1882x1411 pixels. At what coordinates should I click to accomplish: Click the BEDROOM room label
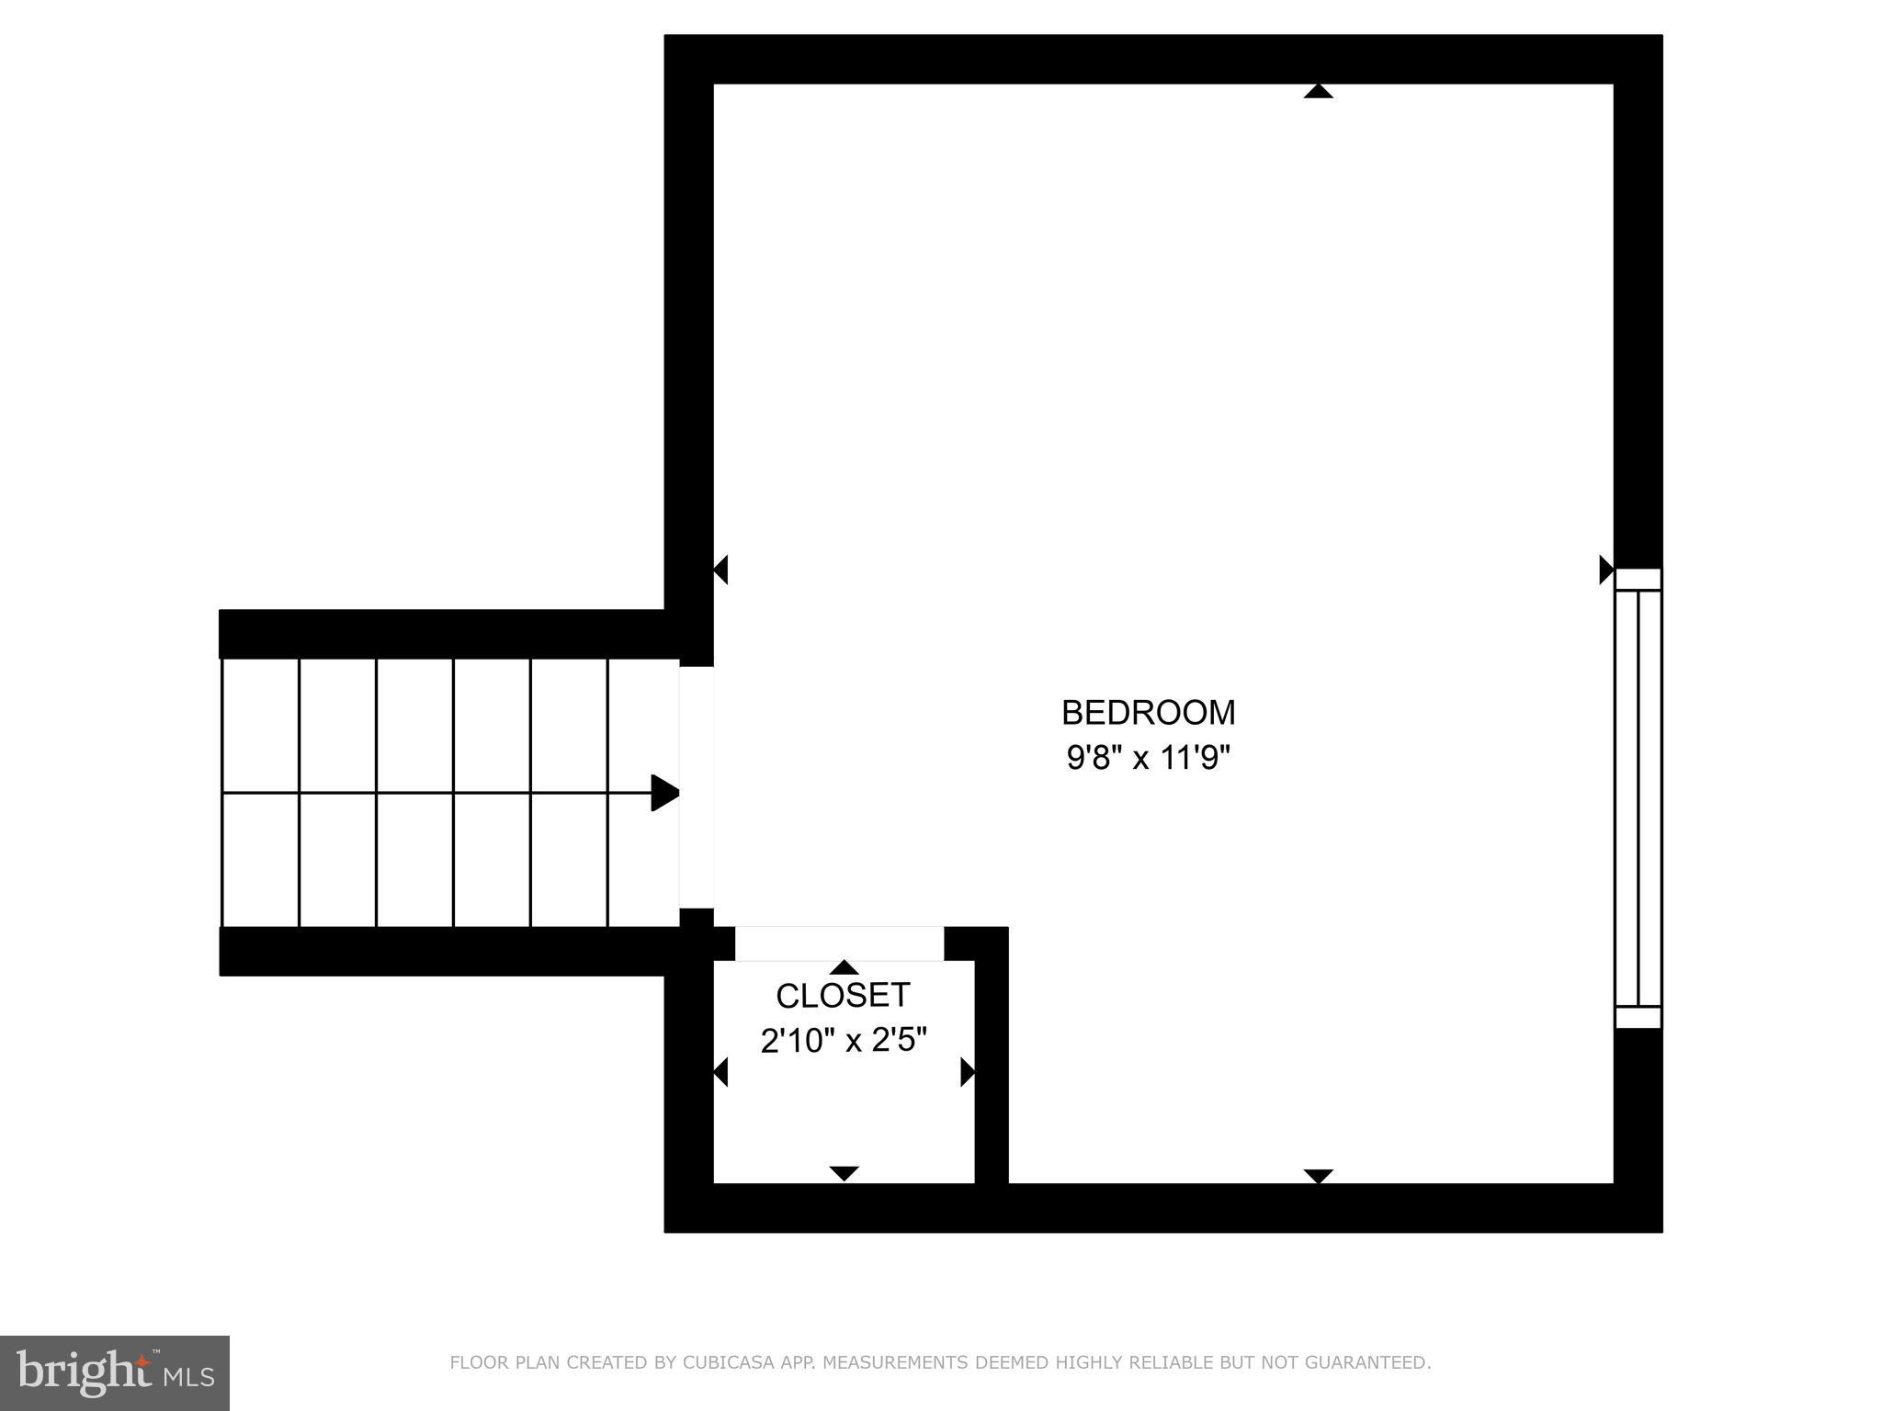tap(1148, 713)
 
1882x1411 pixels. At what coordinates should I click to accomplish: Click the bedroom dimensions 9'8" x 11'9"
tap(1148, 759)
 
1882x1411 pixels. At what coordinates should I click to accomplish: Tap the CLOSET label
tap(843, 996)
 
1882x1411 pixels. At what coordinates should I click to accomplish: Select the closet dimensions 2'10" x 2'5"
tap(843, 1041)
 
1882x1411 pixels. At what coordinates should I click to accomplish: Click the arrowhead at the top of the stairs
tap(664, 793)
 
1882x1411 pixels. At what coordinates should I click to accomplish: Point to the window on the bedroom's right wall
tap(1638, 798)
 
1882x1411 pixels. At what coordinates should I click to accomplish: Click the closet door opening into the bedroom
tap(839, 943)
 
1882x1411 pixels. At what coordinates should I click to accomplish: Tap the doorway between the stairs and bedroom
tap(697, 787)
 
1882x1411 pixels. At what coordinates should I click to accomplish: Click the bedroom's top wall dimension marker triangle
tap(1318, 91)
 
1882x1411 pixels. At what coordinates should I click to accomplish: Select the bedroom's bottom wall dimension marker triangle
tap(1318, 1176)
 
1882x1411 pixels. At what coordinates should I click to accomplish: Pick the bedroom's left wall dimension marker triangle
tap(721, 570)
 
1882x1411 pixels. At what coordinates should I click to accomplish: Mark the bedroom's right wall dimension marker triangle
tap(1605, 570)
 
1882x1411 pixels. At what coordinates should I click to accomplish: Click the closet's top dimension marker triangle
tap(844, 967)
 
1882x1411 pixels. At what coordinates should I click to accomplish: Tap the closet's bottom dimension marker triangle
tap(844, 1173)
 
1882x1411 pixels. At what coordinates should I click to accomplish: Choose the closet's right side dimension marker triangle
tap(967, 1072)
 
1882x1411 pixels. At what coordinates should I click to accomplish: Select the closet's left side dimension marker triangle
tap(721, 1072)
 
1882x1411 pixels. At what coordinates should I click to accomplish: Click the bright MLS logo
tap(114, 1373)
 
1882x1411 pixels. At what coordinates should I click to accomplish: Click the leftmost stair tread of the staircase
tap(260, 793)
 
